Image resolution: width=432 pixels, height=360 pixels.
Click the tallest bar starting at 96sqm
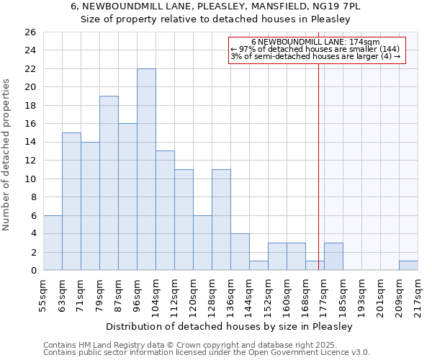(x=146, y=169)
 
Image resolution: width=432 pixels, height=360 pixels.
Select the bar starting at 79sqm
(x=109, y=183)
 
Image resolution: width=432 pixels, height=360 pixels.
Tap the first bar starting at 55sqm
(x=53, y=243)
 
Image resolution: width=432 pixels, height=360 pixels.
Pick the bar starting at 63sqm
(x=71, y=202)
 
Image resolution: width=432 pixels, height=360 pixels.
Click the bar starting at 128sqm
(x=221, y=220)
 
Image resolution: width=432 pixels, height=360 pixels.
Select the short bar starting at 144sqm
(x=258, y=265)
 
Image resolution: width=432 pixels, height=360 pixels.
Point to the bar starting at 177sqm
(x=333, y=256)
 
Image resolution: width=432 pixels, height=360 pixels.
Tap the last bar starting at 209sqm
(x=408, y=265)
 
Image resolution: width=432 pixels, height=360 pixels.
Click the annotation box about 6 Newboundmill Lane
(x=318, y=50)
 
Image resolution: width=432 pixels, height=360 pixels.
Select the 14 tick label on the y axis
(x=30, y=143)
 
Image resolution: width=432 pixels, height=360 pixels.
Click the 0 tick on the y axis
(x=32, y=271)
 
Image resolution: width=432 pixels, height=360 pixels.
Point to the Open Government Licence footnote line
(x=207, y=353)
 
